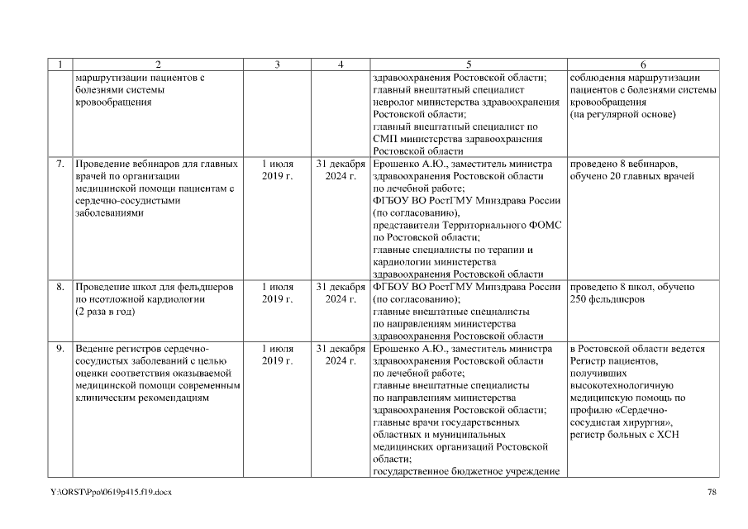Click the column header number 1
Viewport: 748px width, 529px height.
click(x=60, y=64)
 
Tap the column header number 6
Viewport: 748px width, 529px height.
click(x=643, y=64)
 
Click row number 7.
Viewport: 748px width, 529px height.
click(x=60, y=164)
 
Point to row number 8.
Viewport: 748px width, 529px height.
click(x=60, y=287)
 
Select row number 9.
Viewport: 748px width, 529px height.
click(x=60, y=349)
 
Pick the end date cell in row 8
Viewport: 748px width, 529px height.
click(x=341, y=293)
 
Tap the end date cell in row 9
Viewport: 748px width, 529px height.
click(x=341, y=355)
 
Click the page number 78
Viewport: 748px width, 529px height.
click(x=712, y=493)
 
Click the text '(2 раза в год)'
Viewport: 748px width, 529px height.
click(x=107, y=312)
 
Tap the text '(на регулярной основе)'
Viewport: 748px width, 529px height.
click(x=622, y=115)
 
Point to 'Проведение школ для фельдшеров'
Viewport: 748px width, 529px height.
click(x=154, y=287)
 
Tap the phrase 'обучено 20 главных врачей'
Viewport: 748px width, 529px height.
click(x=631, y=176)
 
